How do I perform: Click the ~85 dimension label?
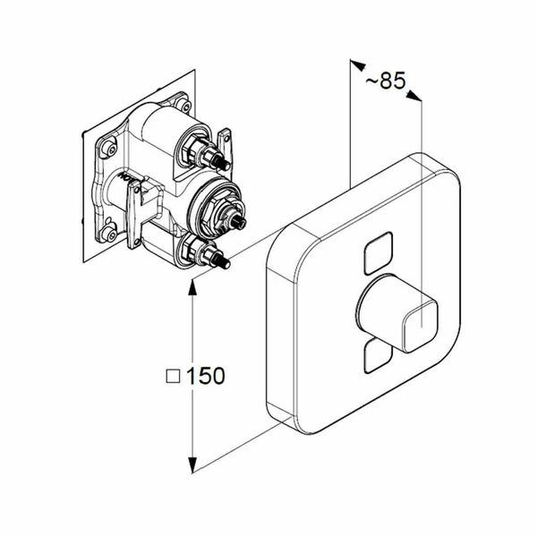tap(386, 81)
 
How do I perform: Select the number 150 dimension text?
tap(206, 375)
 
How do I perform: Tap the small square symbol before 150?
tap(173, 376)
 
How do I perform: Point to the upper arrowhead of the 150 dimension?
tap(192, 288)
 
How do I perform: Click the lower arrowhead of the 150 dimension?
tap(192, 465)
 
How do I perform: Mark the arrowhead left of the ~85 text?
tap(358, 65)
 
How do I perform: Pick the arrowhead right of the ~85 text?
tap(414, 96)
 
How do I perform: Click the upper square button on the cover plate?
tap(379, 253)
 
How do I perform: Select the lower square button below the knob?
tap(376, 356)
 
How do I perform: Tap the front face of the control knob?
tap(421, 325)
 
